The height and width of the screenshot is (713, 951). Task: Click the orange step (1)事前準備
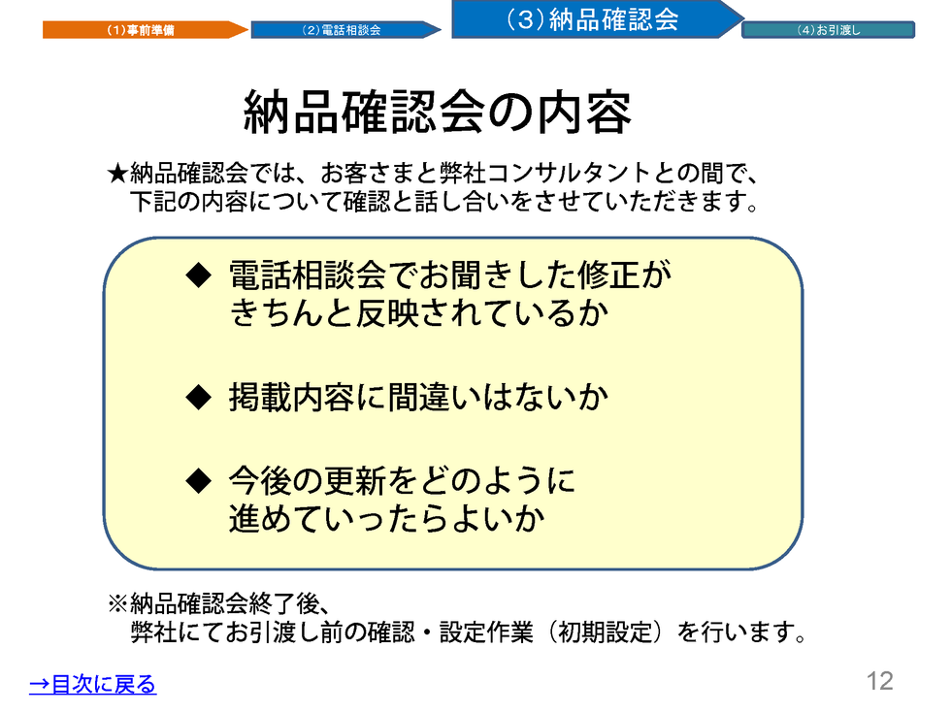click(x=145, y=30)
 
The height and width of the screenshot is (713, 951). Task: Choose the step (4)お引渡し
click(x=828, y=30)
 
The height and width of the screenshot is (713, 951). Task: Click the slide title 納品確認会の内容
click(x=438, y=113)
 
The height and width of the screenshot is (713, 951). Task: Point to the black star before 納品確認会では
click(x=117, y=174)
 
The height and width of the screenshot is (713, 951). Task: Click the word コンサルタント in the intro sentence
click(x=569, y=174)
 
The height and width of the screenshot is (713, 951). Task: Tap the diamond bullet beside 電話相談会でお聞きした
click(x=198, y=275)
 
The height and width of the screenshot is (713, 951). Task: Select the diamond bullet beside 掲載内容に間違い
click(x=198, y=398)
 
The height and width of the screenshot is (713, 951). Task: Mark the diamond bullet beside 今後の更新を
click(x=198, y=481)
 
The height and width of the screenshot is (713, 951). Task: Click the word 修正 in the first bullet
click(x=608, y=275)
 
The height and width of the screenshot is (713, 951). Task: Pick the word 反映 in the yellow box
click(x=386, y=313)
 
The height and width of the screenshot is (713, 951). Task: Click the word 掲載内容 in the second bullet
click(x=292, y=398)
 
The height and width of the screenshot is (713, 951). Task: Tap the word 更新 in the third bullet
click(x=355, y=481)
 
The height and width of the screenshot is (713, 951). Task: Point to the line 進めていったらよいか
click(x=387, y=519)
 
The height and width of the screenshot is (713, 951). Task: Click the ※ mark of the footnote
click(x=117, y=603)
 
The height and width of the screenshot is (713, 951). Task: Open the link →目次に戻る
click(x=93, y=684)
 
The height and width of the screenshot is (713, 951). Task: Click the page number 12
click(x=879, y=681)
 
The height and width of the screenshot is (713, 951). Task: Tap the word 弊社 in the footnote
click(x=154, y=632)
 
